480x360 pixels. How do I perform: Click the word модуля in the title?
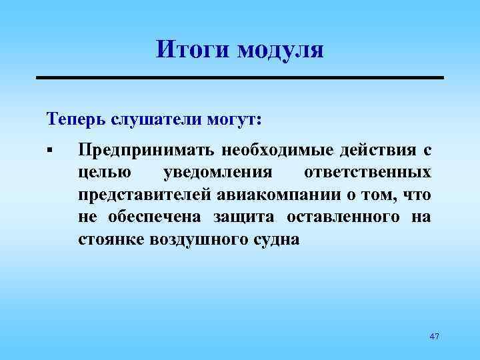click(x=279, y=51)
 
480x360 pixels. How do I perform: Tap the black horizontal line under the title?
click(x=239, y=78)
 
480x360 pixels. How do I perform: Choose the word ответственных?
click(x=367, y=172)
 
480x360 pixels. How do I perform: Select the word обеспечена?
click(x=151, y=217)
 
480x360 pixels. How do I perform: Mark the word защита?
click(x=248, y=217)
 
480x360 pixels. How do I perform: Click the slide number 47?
click(x=434, y=337)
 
